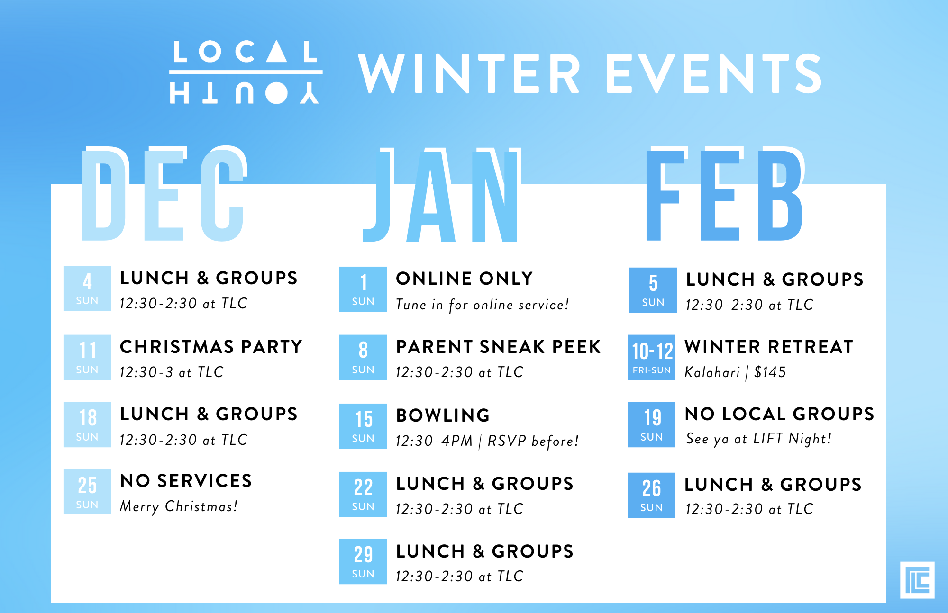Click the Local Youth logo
pos(246,72)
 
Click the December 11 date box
pos(87,357)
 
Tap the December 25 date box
pos(87,492)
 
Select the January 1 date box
pos(363,289)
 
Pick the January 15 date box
pos(363,426)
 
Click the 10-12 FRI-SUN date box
pos(652,357)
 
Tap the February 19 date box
pos(652,425)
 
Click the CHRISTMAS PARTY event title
pos(211,347)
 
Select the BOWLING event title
pos(443,415)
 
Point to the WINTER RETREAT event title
pos(769,347)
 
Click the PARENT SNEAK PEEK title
pos(498,347)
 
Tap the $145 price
pos(770,372)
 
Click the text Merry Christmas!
pos(179,506)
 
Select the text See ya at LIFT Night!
pos(758,439)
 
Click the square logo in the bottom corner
pos(917,580)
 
